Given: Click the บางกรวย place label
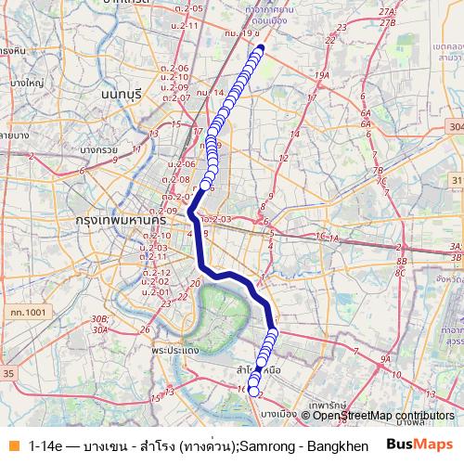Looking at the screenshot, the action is coord(99,148).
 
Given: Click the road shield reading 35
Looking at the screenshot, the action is coord(9,372).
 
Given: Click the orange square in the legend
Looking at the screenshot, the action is coord(12,445).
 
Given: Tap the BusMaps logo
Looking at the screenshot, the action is coord(419,445).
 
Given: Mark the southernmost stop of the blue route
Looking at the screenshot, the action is coord(253,391).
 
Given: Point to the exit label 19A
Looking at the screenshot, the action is coord(322,75).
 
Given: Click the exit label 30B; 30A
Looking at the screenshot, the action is coord(100,323).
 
